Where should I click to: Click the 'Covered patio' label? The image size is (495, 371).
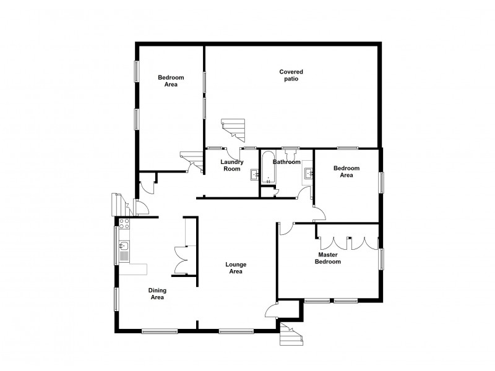click(x=291, y=75)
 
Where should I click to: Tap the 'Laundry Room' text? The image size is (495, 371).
click(x=231, y=166)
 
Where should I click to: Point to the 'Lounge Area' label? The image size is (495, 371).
click(x=235, y=268)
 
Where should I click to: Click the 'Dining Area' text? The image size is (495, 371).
click(x=157, y=294)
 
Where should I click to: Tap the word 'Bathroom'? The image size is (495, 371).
click(x=286, y=162)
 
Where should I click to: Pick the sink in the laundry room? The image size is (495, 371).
click(x=254, y=175)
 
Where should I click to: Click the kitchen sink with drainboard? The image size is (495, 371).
click(x=124, y=251)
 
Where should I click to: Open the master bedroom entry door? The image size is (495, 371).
click(x=285, y=228)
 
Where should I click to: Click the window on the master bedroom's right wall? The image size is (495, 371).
click(x=382, y=259)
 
